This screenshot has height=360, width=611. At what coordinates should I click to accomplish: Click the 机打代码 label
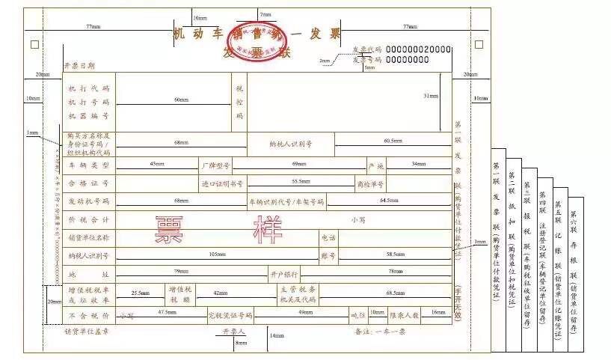pos(89,88)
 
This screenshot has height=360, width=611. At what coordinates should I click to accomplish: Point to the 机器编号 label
pos(89,116)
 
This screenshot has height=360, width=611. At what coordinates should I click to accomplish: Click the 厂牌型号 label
pos(216,164)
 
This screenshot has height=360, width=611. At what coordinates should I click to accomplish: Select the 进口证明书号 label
pos(222,183)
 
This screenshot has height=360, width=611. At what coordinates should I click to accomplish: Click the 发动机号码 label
pos(89,201)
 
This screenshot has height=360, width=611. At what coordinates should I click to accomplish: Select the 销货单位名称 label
pos(89,237)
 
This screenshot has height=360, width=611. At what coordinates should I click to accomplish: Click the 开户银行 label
pos(284,274)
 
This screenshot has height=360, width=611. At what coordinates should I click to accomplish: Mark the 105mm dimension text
pos(217,254)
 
